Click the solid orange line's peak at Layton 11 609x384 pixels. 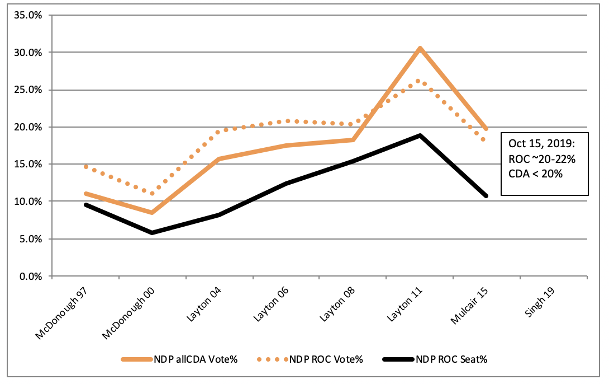[420, 48]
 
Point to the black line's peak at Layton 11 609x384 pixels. [420, 135]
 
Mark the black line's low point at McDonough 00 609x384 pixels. [151, 232]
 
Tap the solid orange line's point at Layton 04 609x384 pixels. [218, 159]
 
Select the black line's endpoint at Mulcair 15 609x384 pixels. [486, 196]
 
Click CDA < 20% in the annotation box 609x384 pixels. [535, 174]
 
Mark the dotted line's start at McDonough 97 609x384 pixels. [85, 166]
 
